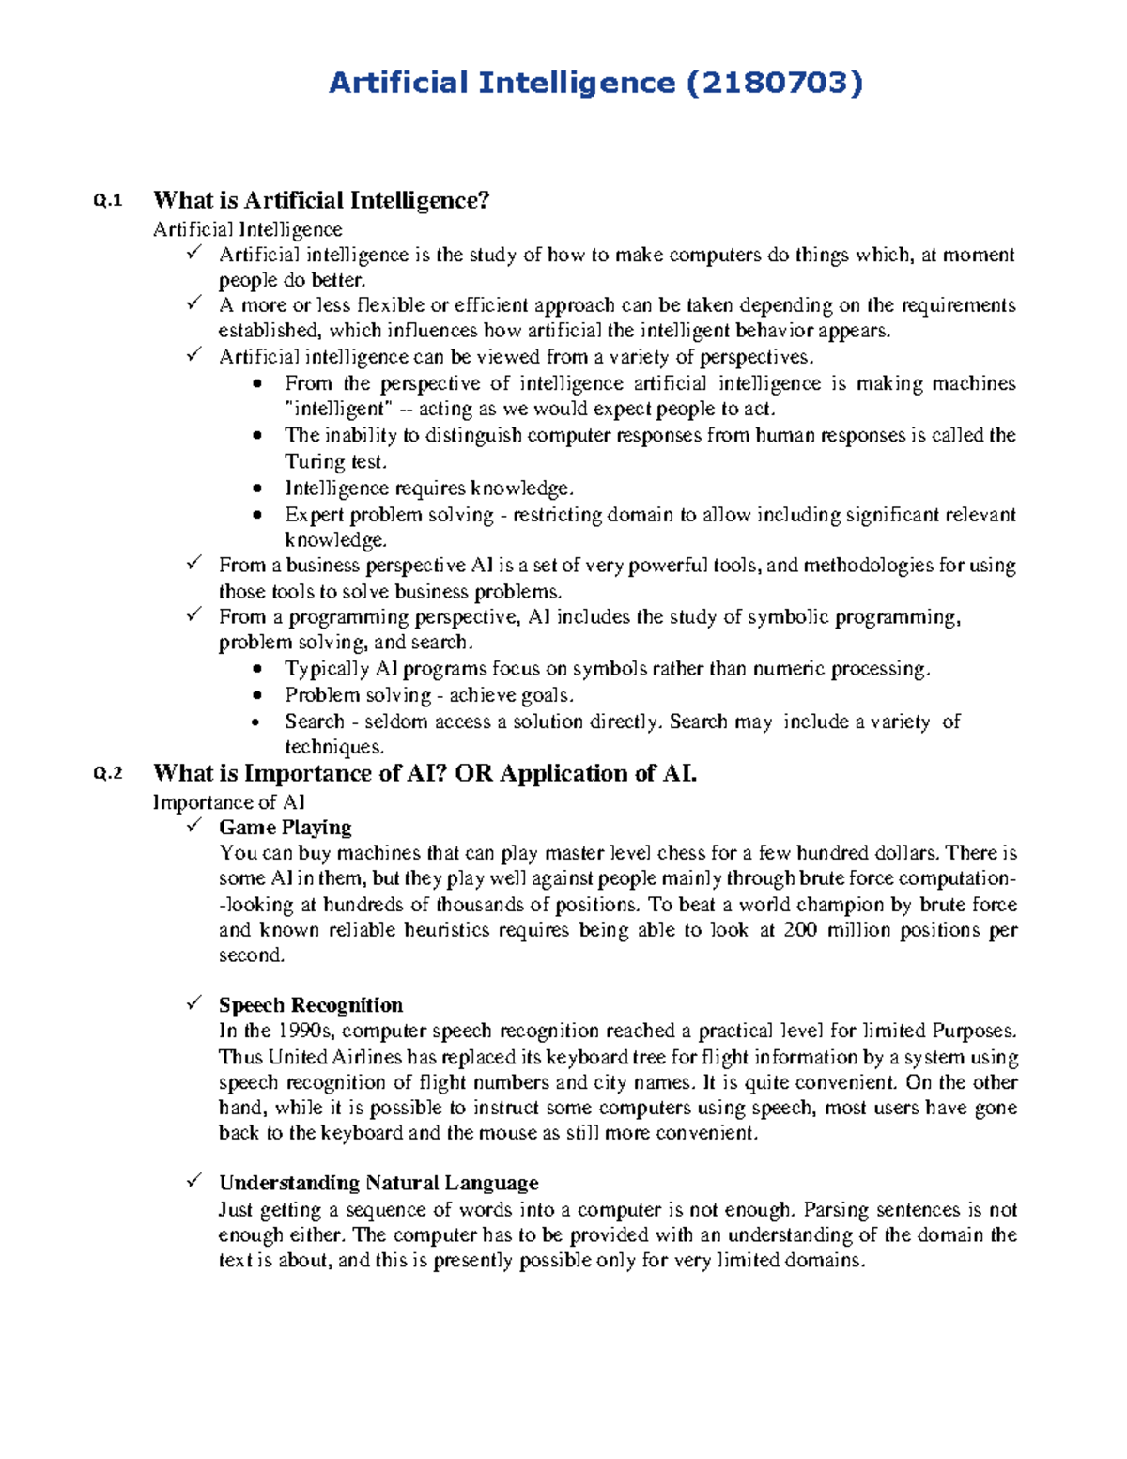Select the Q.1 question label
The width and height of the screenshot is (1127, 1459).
point(108,200)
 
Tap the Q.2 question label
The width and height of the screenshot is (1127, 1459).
point(108,774)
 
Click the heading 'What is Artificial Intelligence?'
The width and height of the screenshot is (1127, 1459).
point(321,200)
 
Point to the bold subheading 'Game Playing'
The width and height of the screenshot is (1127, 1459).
point(286,828)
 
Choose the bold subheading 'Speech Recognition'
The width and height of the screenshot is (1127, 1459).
point(311,1005)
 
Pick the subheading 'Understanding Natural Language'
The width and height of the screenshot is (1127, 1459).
point(378,1183)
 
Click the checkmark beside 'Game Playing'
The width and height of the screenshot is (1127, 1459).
point(194,826)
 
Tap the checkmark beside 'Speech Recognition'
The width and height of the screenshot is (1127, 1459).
point(194,1003)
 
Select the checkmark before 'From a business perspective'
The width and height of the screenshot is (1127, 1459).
point(194,564)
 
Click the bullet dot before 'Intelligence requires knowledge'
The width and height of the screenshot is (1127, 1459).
point(258,489)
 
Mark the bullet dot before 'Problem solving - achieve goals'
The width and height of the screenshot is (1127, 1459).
point(258,696)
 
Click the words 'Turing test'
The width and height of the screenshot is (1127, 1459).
point(335,461)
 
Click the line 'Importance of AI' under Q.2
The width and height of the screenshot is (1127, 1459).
point(229,802)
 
